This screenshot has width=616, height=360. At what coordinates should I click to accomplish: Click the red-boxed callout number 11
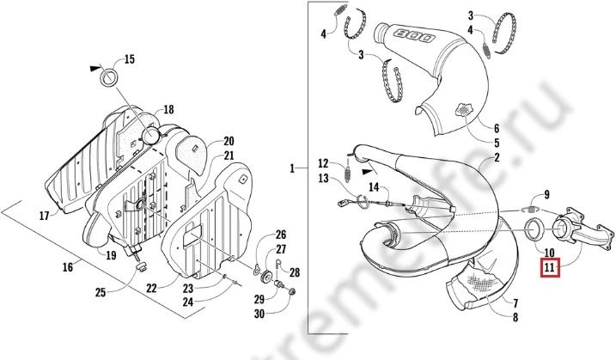tap(550, 268)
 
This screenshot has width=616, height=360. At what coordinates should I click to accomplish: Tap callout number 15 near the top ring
tap(129, 59)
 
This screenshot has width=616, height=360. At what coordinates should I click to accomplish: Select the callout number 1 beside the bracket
tap(293, 168)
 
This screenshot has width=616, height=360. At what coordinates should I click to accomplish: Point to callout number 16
tap(67, 268)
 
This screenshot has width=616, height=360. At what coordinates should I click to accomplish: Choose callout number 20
tap(229, 141)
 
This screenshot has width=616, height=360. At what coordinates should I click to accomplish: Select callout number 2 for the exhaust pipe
tap(496, 159)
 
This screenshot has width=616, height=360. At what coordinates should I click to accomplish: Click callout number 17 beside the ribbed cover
tap(44, 216)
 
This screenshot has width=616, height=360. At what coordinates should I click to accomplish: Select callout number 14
tap(374, 186)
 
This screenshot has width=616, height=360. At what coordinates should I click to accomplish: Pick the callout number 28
tap(296, 272)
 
